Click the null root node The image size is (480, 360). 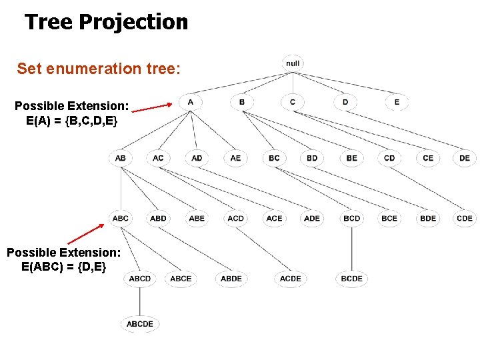point(293,63)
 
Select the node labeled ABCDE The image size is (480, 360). point(140,324)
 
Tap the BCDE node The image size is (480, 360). point(351,279)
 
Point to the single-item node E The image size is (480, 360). point(397,102)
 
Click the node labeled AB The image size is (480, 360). point(120,158)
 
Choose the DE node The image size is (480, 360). point(465,158)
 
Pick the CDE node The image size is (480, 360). point(465,218)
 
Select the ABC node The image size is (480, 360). point(121,218)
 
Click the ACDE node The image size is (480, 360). point(291,279)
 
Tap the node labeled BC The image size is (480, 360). point(274,158)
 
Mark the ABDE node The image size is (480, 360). point(231,279)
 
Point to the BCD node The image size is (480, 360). point(351,218)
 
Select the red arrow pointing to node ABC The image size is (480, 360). point(85,234)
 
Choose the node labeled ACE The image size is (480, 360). point(274,218)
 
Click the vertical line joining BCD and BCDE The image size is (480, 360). point(351,248)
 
